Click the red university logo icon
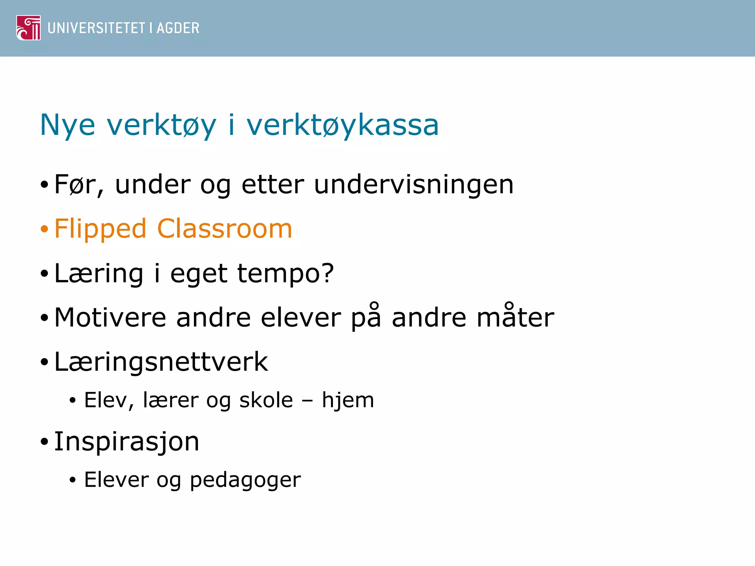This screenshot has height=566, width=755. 28,28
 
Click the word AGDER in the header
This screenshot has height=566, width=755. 178,28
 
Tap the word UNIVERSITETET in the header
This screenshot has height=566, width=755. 97,28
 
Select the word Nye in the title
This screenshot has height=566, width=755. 67,126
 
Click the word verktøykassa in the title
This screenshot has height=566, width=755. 342,126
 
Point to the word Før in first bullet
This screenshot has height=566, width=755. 76,185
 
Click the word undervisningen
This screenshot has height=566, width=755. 414,185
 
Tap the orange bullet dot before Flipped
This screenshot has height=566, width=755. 45,229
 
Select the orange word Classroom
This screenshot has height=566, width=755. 225,229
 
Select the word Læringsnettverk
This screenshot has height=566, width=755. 161,362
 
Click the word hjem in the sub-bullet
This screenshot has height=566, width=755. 348,401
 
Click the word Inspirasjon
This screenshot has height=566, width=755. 126,441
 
